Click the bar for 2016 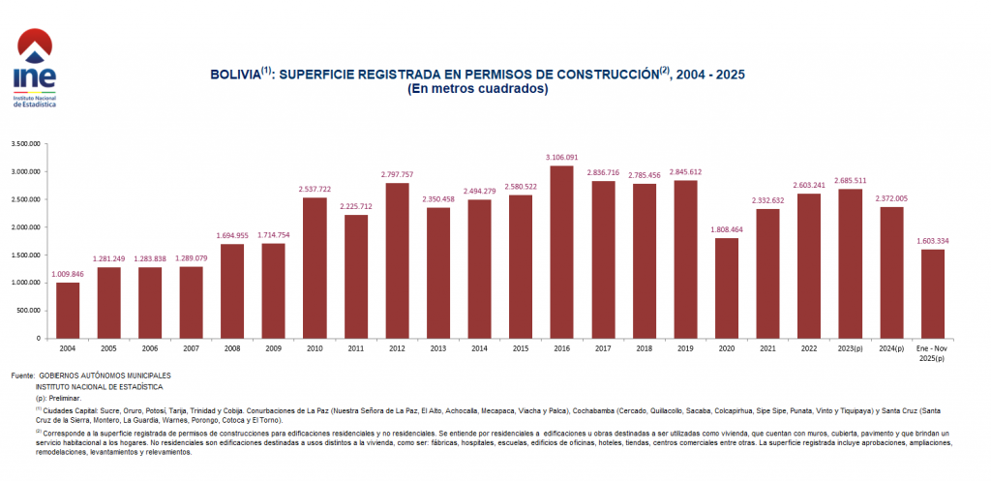click(x=561, y=252)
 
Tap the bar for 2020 click(x=726, y=288)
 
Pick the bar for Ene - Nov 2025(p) click(x=932, y=294)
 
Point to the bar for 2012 click(x=397, y=261)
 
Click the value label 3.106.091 click(x=561, y=157)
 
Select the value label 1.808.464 click(x=726, y=229)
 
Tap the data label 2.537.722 click(x=315, y=189)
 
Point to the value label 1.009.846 click(x=68, y=274)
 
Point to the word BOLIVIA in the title click(x=235, y=75)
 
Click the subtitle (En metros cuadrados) click(x=478, y=89)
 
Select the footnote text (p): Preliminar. click(x=58, y=398)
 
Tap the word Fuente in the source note click(x=20, y=375)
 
